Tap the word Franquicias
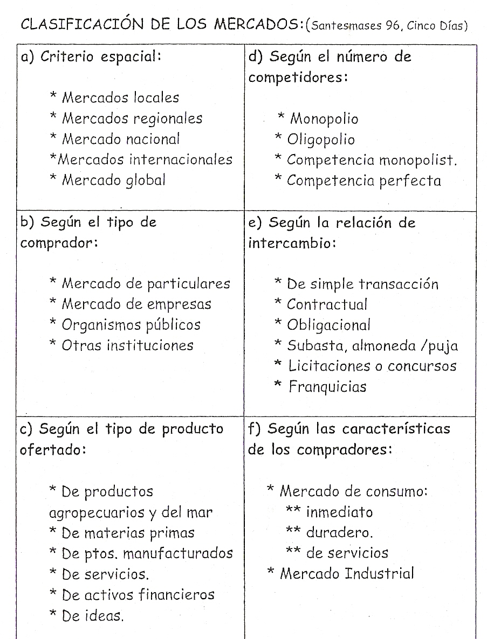pos(327,387)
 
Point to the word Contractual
pos(327,304)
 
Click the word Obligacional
pos(328,325)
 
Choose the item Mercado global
pos(114,180)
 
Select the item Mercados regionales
pos(132,119)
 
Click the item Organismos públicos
pos(131,325)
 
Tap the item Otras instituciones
pos(127,345)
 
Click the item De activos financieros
pos(138,594)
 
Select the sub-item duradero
pos(339,533)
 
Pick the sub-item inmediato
pos(339,512)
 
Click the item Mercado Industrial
pos(347,573)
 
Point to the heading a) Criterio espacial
pos(91,57)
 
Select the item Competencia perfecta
pos(363,180)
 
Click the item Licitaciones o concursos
pos(372,366)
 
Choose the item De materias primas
pos(128,533)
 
